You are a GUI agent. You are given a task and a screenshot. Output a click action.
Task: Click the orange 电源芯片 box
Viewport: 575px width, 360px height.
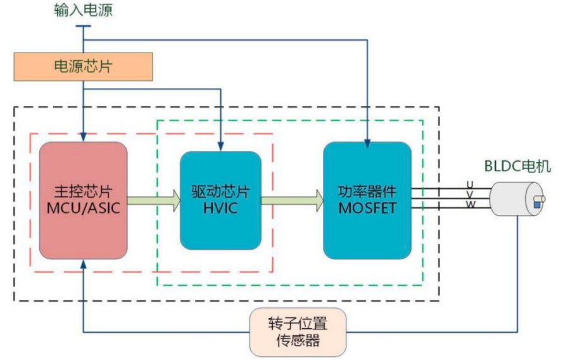point(83,67)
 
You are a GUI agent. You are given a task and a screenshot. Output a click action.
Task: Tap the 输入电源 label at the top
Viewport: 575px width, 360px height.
point(83,10)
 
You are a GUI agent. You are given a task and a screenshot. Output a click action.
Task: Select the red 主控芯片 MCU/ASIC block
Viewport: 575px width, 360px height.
point(83,200)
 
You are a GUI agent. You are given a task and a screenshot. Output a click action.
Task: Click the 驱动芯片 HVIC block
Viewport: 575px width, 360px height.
point(220,200)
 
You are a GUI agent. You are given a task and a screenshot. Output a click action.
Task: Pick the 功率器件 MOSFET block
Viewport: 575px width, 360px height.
point(367,200)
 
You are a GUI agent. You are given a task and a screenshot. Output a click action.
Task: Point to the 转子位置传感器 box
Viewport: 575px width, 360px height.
point(298,332)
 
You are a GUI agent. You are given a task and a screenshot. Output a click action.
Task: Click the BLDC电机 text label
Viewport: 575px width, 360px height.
point(517,166)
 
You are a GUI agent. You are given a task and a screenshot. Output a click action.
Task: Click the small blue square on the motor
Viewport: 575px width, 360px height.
point(537,205)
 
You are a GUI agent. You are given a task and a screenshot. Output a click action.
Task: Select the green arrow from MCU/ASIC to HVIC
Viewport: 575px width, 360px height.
point(154,201)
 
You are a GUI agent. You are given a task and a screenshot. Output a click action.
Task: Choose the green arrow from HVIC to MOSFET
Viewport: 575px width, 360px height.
point(293,201)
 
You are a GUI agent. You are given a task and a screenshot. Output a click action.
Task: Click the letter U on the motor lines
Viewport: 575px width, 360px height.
point(470,184)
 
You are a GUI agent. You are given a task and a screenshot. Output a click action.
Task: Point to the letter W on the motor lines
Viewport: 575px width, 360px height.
point(471,205)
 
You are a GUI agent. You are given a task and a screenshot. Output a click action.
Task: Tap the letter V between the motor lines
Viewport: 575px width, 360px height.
point(470,195)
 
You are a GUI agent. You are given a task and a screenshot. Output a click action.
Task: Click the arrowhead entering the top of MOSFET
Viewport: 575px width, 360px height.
point(367,144)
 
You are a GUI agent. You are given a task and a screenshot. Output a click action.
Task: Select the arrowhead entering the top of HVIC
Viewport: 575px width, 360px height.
point(220,146)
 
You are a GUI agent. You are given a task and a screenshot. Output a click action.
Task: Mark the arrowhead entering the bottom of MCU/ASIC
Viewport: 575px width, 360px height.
point(83,264)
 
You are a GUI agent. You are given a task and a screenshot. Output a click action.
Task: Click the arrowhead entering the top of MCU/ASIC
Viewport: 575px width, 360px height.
point(83,137)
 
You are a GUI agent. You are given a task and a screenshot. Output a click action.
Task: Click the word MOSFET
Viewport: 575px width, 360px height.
point(367,208)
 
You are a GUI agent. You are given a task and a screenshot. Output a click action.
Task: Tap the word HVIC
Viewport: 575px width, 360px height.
point(220,208)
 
